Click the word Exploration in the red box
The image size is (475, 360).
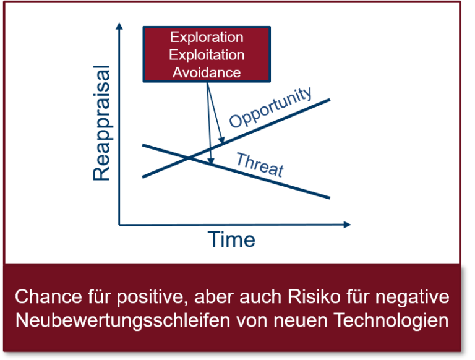(207, 38)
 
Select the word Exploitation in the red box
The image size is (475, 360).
(207, 55)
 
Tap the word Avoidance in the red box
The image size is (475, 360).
(207, 72)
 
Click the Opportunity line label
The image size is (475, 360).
(271, 107)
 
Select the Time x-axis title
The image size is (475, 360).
(231, 239)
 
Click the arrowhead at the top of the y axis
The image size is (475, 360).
(119, 25)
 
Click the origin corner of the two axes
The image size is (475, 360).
(120, 224)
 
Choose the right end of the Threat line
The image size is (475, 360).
(330, 198)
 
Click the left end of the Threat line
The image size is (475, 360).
(143, 145)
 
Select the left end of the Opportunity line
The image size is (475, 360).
(143, 177)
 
